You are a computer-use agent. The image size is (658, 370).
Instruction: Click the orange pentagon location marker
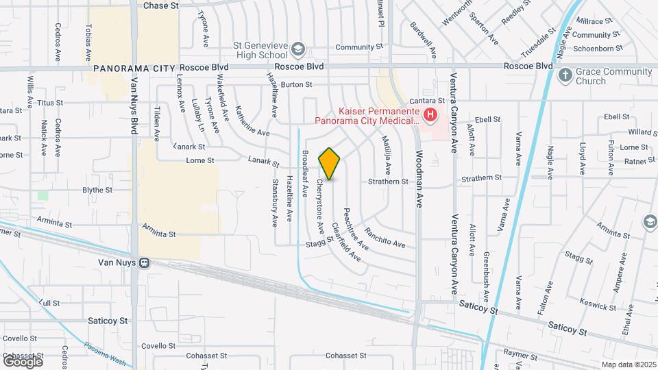(x=330, y=164)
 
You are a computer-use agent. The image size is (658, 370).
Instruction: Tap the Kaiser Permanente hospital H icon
(x=430, y=114)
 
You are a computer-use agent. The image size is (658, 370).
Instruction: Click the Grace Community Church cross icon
(x=565, y=75)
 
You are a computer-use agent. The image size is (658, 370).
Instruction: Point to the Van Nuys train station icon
(x=145, y=262)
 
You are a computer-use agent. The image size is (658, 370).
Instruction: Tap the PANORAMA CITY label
(x=134, y=69)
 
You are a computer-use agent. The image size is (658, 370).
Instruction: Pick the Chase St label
(x=161, y=5)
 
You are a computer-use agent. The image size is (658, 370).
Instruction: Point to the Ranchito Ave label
(x=385, y=238)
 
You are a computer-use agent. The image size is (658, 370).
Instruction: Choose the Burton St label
(x=296, y=85)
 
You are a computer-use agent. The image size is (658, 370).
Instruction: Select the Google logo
(x=23, y=360)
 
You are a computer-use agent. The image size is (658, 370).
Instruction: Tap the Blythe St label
(x=97, y=190)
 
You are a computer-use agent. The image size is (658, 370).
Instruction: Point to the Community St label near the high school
(x=359, y=47)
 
